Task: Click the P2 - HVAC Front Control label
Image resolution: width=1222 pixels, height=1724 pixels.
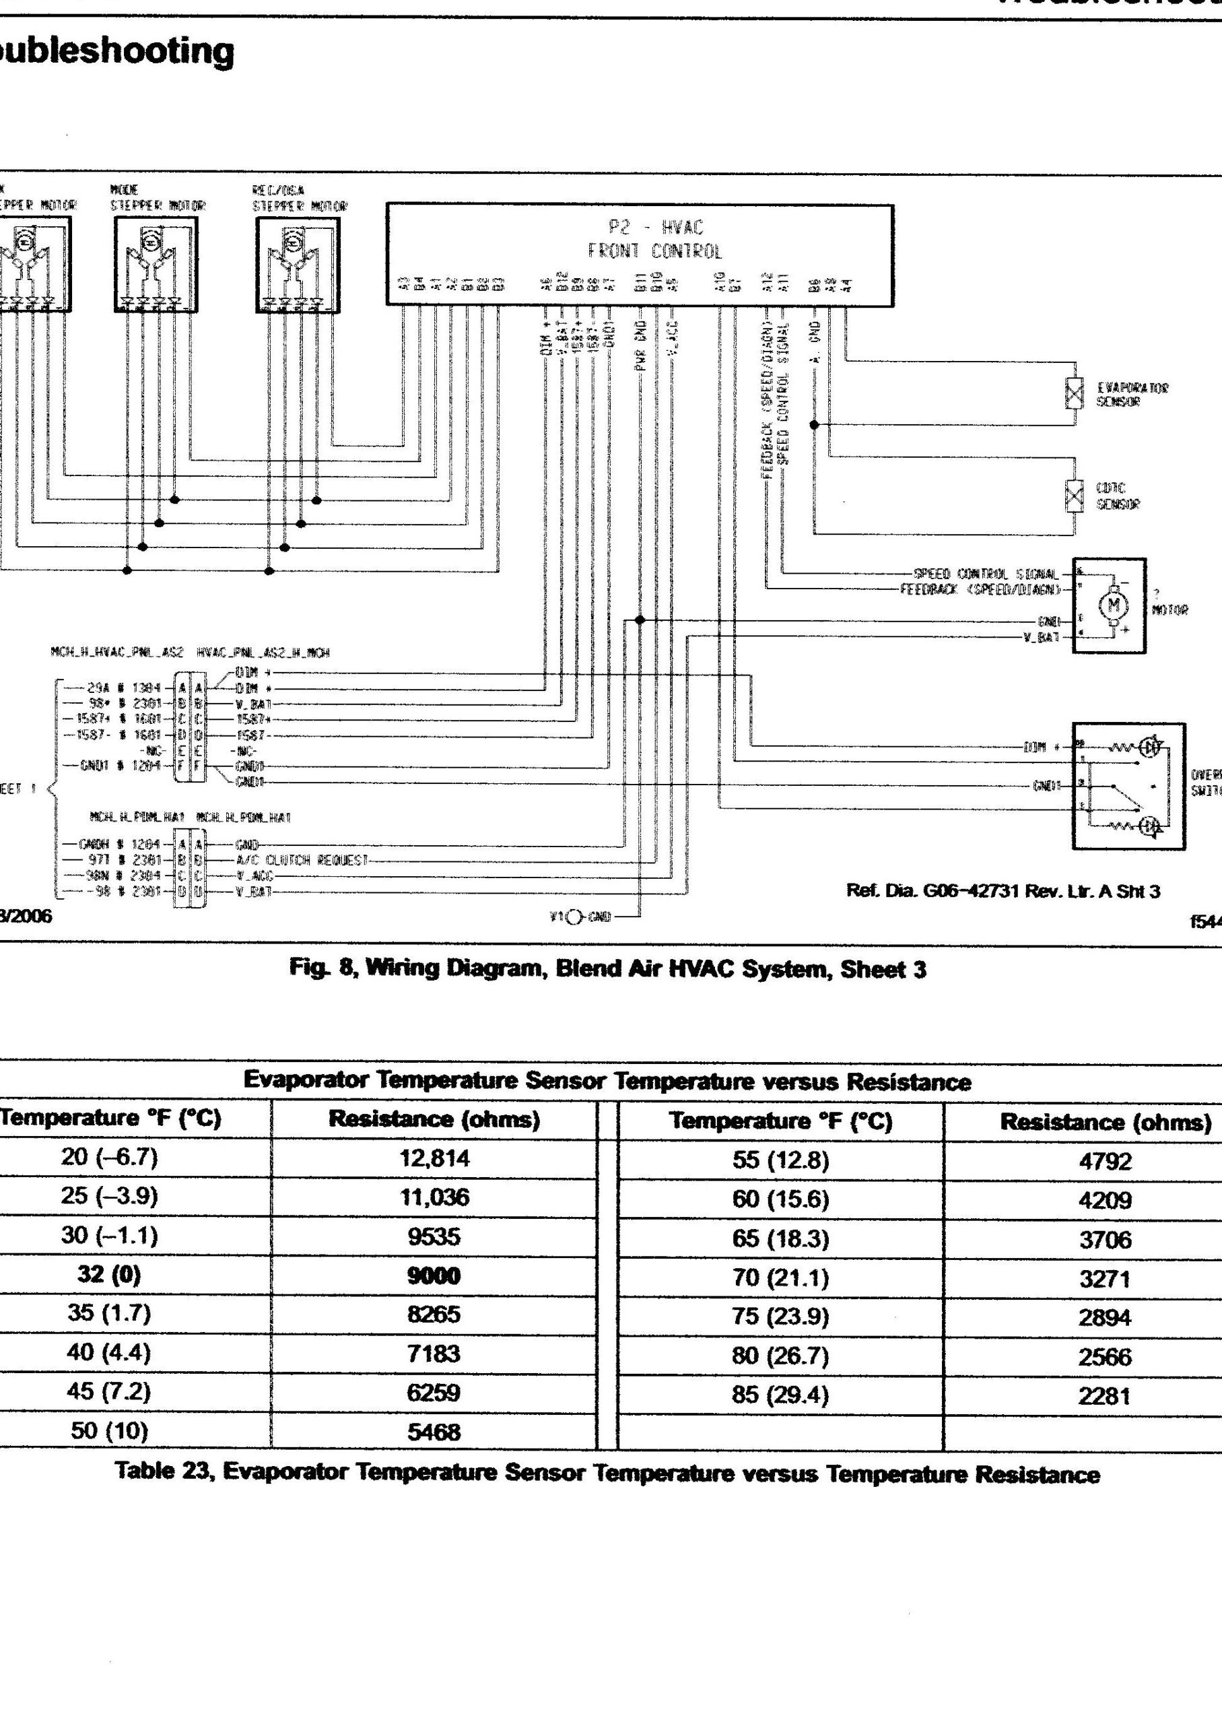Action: pyautogui.click(x=654, y=239)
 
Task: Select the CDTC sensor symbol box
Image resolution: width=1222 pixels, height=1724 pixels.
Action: pyautogui.click(x=1075, y=496)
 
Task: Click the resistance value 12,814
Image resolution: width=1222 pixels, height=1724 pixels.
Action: pyautogui.click(x=434, y=1158)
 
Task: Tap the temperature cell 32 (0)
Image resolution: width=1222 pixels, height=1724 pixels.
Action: pyautogui.click(x=109, y=1274)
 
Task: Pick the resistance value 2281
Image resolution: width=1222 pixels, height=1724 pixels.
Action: pyautogui.click(x=1105, y=1397)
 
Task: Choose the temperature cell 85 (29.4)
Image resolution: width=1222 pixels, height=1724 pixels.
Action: pyautogui.click(x=780, y=1395)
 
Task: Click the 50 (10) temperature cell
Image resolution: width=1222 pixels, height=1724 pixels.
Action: pyautogui.click(x=109, y=1430)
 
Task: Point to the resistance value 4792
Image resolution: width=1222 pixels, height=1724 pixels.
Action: pyautogui.click(x=1105, y=1161)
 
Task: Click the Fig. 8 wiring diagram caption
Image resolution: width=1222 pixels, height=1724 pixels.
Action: pyautogui.click(x=607, y=968)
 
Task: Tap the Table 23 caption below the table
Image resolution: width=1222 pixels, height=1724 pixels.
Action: pyautogui.click(x=607, y=1473)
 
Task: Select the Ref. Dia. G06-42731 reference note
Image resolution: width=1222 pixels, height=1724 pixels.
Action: pyautogui.click(x=1003, y=892)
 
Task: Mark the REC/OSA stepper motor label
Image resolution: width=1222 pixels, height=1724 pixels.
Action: pyautogui.click(x=300, y=199)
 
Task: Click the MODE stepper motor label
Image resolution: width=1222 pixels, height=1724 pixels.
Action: pyautogui.click(x=158, y=199)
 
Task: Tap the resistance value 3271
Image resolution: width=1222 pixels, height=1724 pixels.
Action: pyautogui.click(x=1105, y=1278)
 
